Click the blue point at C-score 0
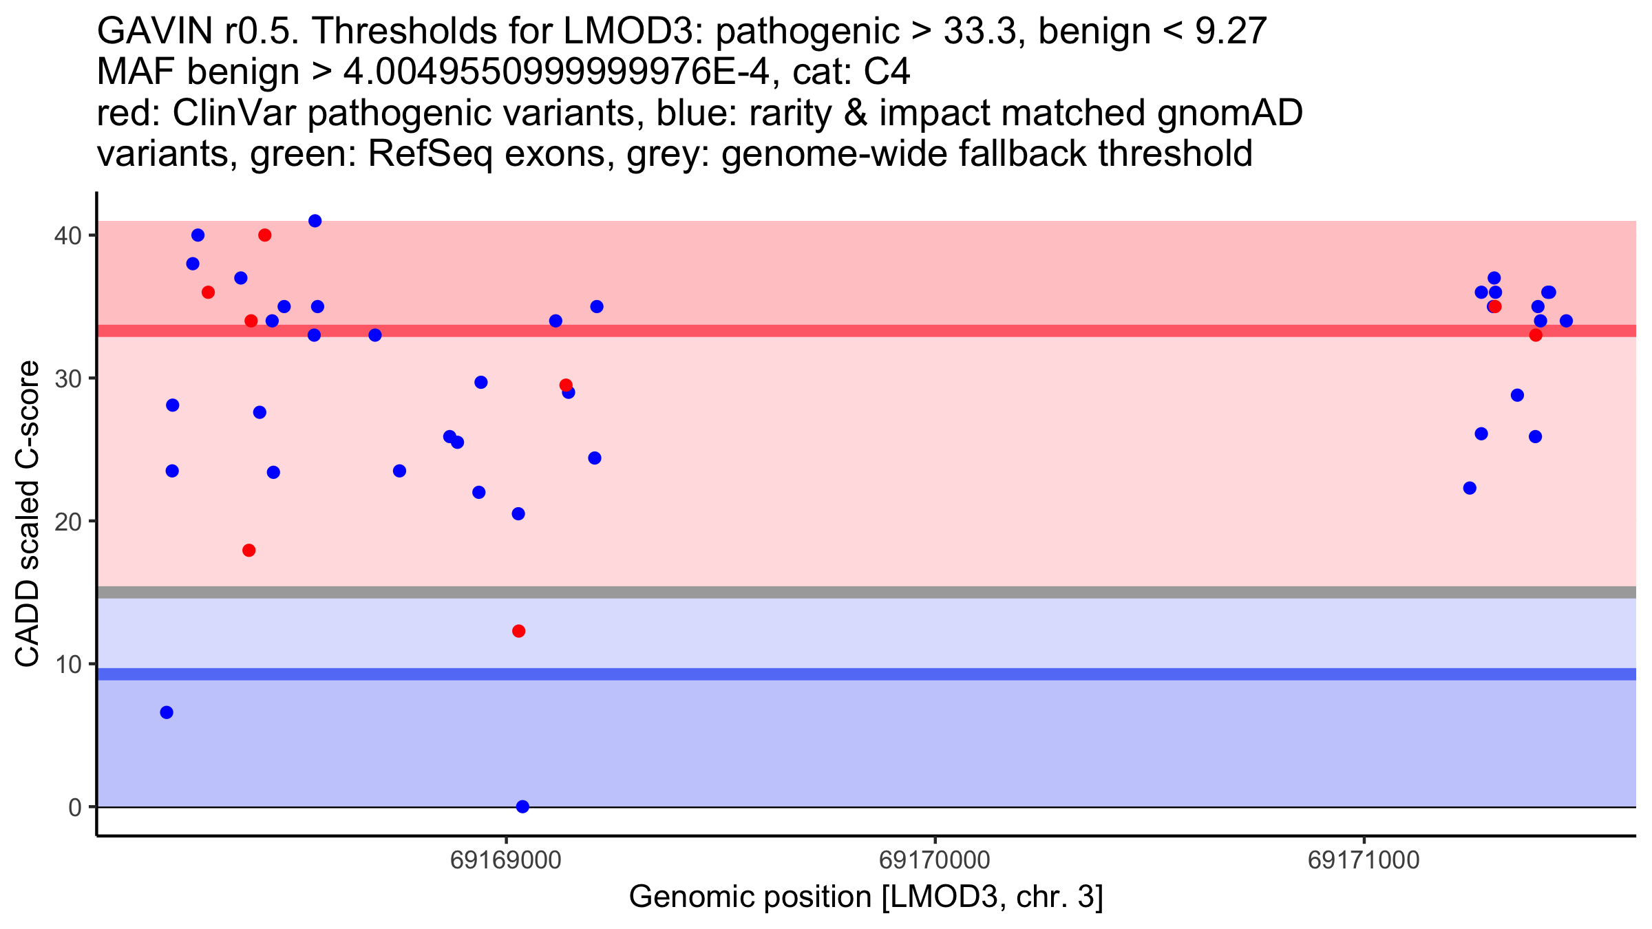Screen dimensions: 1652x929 coord(522,807)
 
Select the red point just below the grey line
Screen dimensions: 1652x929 coord(519,631)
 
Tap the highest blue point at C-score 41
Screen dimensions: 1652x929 coord(315,221)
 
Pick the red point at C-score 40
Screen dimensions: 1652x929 coord(265,235)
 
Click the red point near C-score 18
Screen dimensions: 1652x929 coord(249,551)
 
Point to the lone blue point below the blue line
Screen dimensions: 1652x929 coord(167,712)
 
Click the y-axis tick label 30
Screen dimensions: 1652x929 coord(67,378)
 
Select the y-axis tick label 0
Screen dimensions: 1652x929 coord(75,807)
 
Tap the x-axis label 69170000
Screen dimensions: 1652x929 coord(935,860)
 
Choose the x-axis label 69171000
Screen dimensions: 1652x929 coord(1364,860)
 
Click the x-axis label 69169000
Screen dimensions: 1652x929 coord(506,860)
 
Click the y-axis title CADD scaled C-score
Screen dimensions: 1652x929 coord(28,514)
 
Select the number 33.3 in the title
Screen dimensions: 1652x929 coord(980,31)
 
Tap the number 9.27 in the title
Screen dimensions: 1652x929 coord(1231,31)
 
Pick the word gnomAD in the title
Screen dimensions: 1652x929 coord(1230,113)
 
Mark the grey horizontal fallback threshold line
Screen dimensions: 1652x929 coord(867,592)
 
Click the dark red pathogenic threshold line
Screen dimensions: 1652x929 coord(867,331)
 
